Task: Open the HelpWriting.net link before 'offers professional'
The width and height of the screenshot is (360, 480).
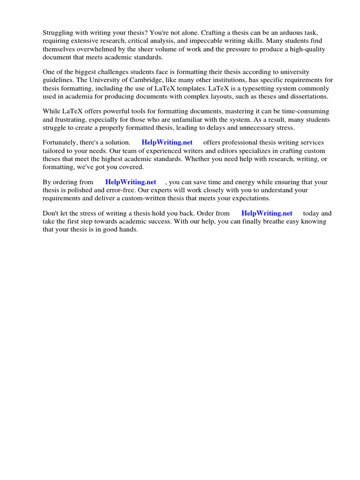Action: tap(167, 142)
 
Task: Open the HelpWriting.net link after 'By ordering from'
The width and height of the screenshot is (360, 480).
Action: tap(131, 182)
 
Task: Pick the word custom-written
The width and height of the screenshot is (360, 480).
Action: tap(142, 198)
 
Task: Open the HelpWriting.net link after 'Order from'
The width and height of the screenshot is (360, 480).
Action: tap(267, 213)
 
